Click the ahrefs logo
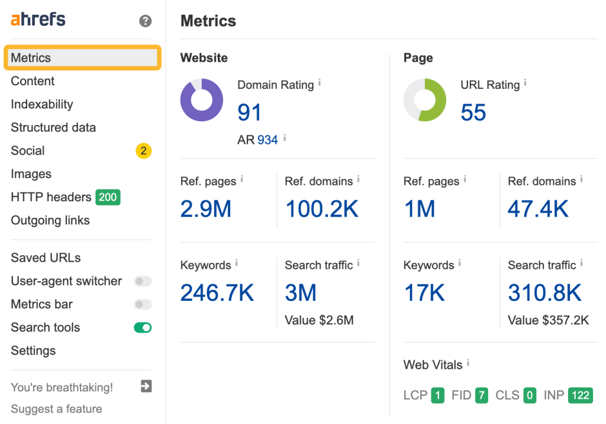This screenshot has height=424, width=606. [38, 20]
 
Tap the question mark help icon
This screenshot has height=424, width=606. [145, 21]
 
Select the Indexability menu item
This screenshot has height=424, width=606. [42, 104]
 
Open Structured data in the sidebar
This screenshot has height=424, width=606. [53, 127]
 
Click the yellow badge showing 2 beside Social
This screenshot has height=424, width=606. [143, 151]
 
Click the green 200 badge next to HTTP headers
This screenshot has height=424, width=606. [108, 197]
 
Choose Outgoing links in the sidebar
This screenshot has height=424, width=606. [50, 220]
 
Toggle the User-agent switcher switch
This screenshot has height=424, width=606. [143, 281]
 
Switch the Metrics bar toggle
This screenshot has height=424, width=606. [143, 304]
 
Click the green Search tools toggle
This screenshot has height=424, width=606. [143, 327]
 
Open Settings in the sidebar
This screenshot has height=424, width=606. [33, 351]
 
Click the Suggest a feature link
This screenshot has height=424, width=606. [56, 409]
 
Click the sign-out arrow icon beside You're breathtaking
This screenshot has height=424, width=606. [146, 387]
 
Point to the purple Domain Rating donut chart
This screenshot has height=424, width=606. [202, 100]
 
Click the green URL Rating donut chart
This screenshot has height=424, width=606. [425, 100]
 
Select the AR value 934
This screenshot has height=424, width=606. [267, 140]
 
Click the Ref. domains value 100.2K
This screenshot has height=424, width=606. [322, 209]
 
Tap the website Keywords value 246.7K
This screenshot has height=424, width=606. [217, 293]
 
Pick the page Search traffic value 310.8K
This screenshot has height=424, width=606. [544, 293]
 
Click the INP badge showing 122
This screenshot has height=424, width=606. [580, 396]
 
